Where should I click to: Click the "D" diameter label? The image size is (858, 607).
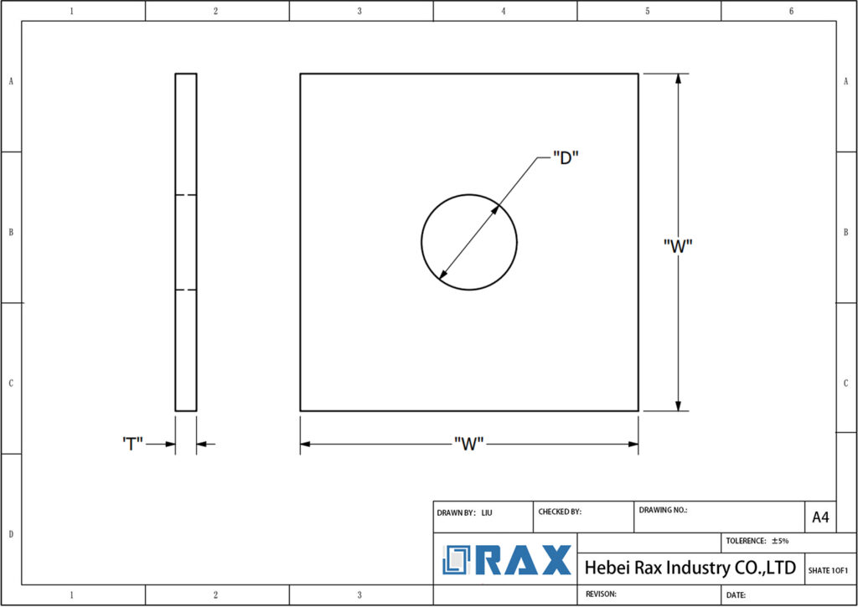[566, 157]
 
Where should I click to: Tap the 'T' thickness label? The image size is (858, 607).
[132, 444]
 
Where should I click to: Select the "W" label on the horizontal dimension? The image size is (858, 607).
[469, 444]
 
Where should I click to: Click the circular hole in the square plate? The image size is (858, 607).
[469, 242]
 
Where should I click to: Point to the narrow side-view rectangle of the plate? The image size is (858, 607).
[186, 242]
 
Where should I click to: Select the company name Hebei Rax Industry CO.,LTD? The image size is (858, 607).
[690, 568]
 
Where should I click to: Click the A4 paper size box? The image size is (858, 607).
[820, 517]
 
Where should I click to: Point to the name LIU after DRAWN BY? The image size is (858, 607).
[487, 512]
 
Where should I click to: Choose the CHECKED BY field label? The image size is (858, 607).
[560, 512]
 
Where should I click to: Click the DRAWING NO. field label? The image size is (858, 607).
[663, 509]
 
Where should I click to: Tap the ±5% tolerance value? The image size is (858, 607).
[780, 541]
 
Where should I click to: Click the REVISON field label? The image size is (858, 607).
[600, 594]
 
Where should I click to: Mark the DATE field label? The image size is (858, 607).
[736, 594]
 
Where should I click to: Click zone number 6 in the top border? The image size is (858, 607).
[791, 11]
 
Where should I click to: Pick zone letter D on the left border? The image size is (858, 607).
[10, 533]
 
